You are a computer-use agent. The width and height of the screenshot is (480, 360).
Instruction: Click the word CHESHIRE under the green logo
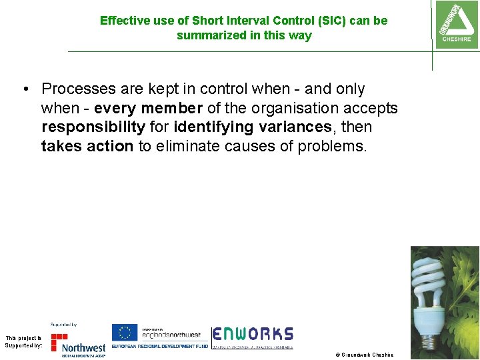click(456, 39)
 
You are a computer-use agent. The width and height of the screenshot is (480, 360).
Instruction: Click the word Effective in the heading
click(124, 21)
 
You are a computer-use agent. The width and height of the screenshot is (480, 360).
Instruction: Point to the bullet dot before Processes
click(25, 89)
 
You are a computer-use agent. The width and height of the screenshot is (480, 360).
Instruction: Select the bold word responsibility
click(93, 127)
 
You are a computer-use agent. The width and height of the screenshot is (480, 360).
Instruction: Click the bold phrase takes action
click(87, 146)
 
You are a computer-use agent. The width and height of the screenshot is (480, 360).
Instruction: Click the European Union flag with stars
click(125, 333)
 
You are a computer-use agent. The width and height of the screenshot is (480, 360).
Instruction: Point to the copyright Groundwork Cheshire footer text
click(364, 355)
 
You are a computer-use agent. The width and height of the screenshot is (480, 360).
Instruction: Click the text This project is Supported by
click(23, 341)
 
